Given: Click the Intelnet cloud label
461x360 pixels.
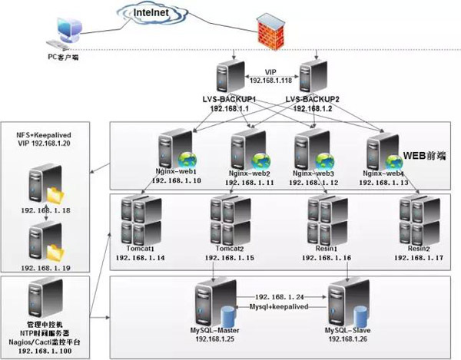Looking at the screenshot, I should pos(152,13).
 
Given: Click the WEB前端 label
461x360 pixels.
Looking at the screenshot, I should pos(426,157).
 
